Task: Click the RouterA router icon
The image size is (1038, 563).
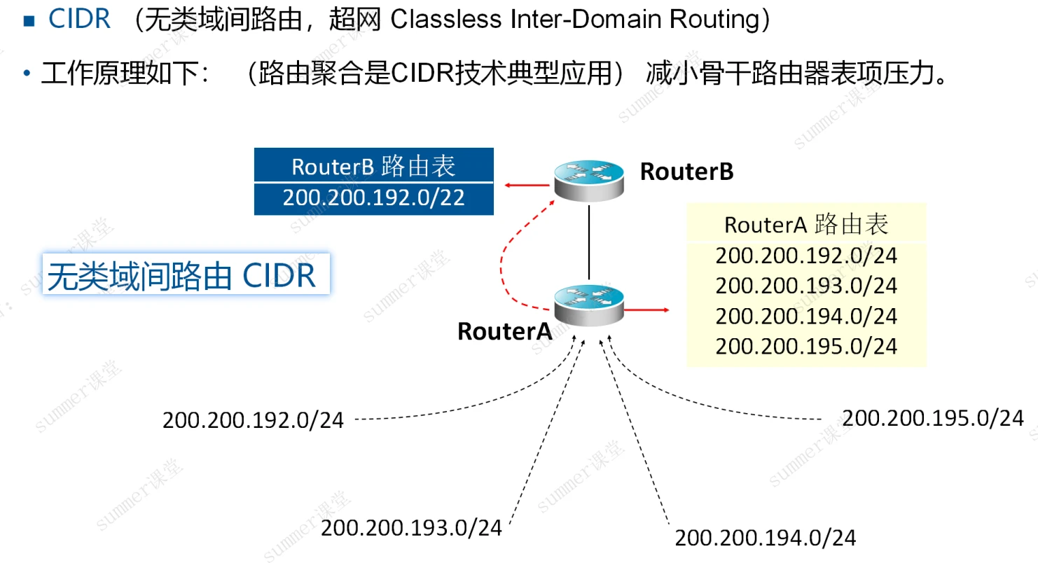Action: point(588,305)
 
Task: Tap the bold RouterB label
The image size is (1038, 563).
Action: point(686,172)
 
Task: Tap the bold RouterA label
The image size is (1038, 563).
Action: point(504,331)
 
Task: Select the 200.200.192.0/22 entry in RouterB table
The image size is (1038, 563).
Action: point(373,198)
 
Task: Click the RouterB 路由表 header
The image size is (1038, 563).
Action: point(373,166)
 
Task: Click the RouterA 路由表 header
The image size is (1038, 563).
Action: point(806,224)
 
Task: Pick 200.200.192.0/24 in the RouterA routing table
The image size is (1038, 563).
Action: point(806,255)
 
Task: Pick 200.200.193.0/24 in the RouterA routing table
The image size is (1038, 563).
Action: point(806,286)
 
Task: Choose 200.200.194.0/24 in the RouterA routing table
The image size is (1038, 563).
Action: point(806,316)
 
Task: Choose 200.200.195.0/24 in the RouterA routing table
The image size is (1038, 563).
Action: point(806,346)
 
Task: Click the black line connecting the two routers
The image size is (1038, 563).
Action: point(590,242)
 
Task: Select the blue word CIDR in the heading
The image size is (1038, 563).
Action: point(79,20)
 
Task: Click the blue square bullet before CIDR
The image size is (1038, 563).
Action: point(28,20)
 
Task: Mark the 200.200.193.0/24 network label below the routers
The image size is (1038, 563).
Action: point(411,528)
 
